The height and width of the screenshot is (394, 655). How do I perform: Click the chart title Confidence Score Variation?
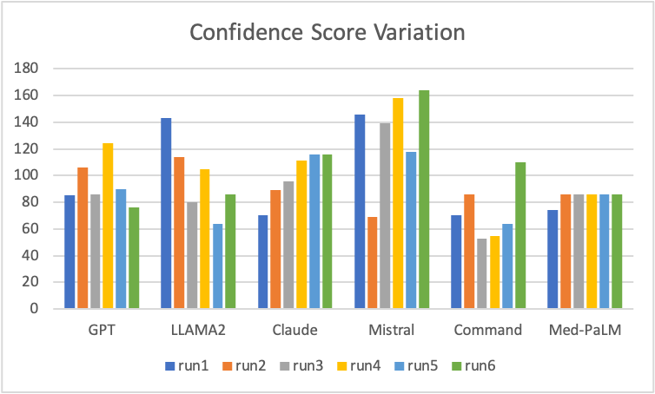click(327, 34)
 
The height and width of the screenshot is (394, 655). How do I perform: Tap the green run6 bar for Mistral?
click(424, 200)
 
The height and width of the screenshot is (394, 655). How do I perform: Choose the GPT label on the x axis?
click(102, 331)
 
